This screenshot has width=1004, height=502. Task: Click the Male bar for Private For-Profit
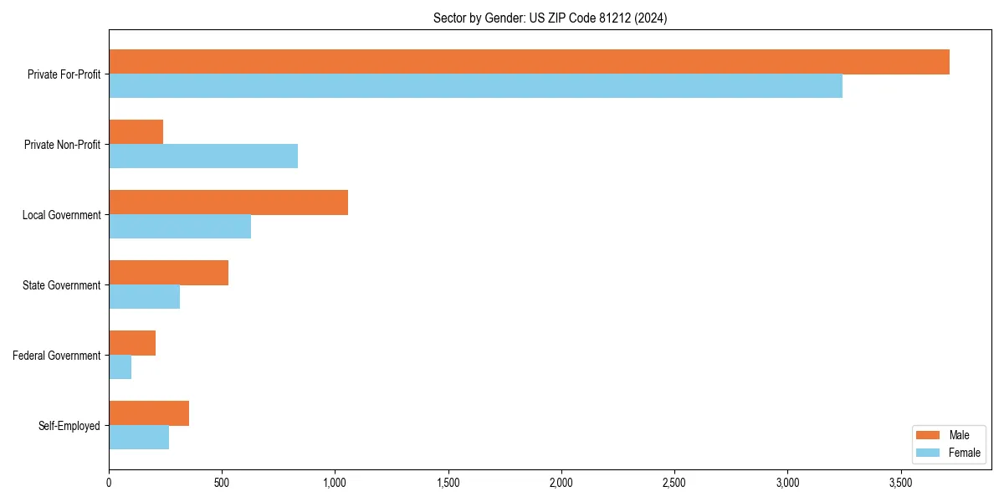[529, 62]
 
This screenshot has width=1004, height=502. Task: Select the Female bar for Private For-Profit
[475, 86]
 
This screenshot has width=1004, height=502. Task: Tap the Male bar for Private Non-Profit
[136, 132]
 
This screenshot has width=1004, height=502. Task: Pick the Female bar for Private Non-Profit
[203, 156]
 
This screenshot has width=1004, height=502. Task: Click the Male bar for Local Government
[228, 202]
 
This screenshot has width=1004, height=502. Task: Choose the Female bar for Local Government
[180, 227]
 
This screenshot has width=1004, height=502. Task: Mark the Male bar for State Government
[168, 273]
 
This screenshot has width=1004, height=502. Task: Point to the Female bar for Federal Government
[120, 367]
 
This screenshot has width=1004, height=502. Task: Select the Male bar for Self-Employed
[149, 413]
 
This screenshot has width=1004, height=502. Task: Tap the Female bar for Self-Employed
[139, 438]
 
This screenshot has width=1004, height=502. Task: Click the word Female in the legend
[964, 453]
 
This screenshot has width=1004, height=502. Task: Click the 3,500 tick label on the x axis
[901, 483]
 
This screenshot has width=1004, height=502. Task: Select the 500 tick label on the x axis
[222, 483]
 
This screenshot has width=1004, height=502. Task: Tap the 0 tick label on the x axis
[109, 483]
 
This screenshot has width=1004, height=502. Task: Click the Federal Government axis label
[56, 356]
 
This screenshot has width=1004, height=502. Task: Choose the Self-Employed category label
[69, 426]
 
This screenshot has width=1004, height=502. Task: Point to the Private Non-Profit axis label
[62, 145]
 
